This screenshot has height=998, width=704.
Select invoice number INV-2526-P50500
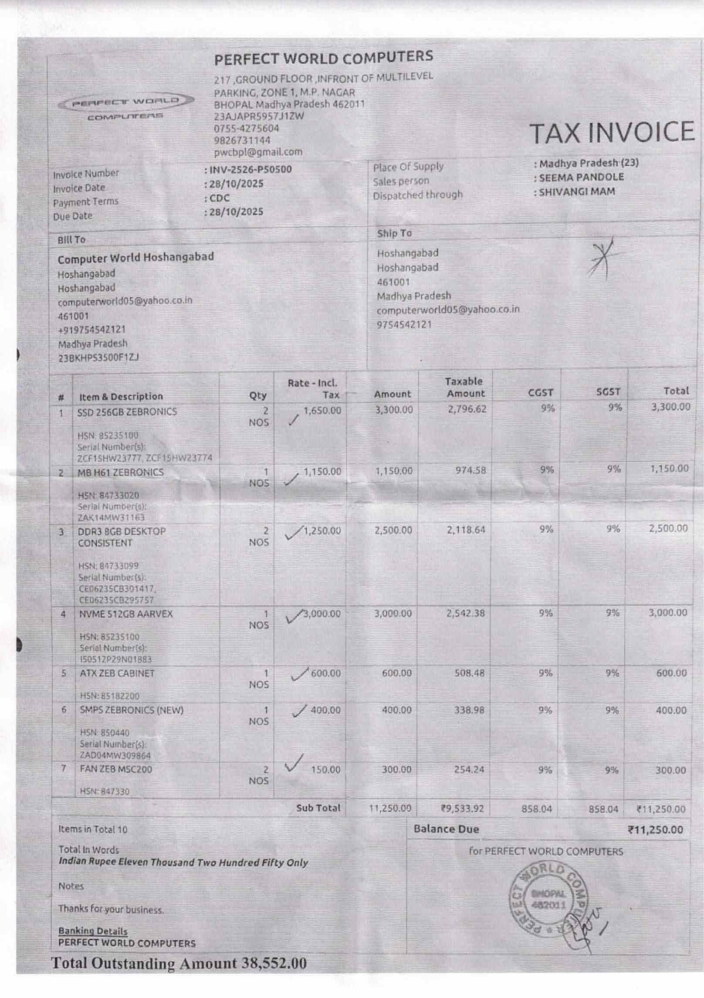250,170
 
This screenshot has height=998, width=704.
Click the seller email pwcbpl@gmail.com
258,152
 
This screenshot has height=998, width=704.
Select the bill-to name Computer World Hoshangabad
135,258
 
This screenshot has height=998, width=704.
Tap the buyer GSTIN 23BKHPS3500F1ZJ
98,358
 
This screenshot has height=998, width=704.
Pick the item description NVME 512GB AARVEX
126,614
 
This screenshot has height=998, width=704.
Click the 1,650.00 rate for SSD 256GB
322,410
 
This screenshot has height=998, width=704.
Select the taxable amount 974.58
470,470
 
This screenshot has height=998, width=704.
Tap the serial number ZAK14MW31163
111,518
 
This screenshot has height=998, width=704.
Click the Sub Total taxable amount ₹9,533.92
462,809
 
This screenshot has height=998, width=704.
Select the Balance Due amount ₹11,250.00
655,830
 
